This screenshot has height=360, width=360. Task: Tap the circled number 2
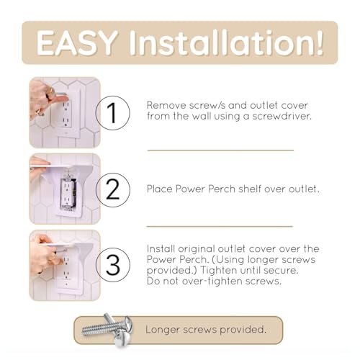coord(112,189)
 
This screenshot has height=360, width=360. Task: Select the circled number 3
coord(112,264)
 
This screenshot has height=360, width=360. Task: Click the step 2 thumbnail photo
coord(65,189)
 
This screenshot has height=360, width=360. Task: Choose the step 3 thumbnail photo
coord(65,264)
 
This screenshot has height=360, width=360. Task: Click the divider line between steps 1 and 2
coord(220,150)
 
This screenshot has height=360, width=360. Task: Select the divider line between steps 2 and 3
coord(220,226)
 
